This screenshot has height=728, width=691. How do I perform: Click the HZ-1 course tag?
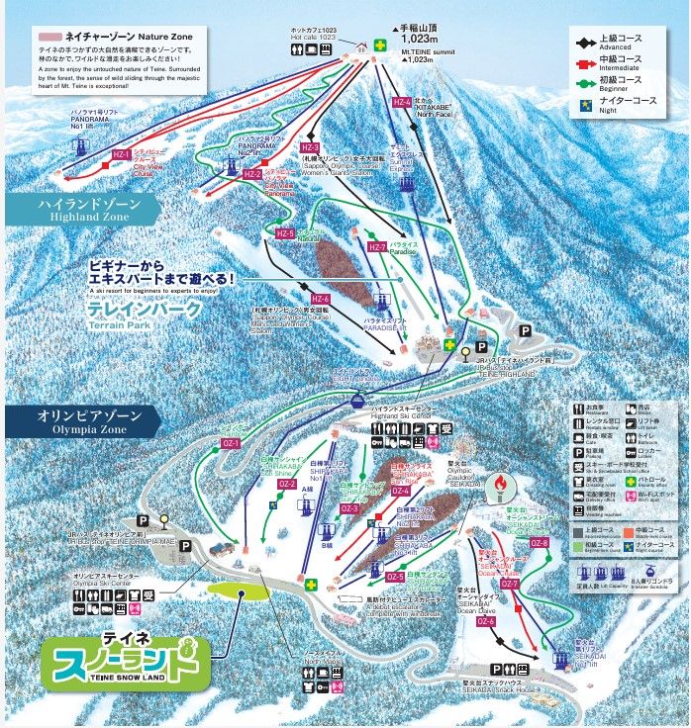(121, 155)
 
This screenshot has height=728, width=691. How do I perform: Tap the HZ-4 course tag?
(401, 102)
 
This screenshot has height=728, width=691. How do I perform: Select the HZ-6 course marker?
(320, 299)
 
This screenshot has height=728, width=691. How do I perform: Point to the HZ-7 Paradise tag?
(375, 247)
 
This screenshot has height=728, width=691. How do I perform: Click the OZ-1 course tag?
(232, 443)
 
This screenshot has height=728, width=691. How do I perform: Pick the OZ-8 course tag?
(539, 543)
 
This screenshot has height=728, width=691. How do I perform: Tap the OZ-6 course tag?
(485, 621)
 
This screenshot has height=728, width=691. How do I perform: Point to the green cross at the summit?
(379, 44)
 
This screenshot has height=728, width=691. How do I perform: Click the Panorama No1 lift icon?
(79, 146)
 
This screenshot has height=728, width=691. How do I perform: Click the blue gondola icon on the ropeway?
(354, 401)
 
